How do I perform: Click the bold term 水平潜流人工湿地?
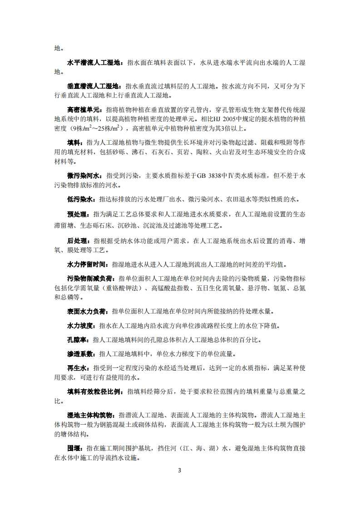(93, 64)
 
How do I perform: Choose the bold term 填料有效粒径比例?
(93, 392)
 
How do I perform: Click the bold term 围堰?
(74, 448)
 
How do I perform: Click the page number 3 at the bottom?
(179, 470)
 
